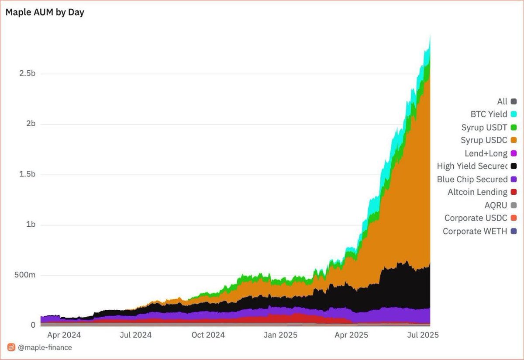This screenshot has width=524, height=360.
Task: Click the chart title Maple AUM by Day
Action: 45,12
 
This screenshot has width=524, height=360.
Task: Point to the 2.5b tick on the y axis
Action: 27,73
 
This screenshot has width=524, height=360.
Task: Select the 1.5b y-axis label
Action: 27,174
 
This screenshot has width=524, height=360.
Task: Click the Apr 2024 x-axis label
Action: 65,335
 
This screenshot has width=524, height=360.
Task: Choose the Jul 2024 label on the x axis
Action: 135,335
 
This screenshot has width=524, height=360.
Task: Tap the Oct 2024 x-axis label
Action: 208,335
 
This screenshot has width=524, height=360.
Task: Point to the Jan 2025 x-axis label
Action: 281,335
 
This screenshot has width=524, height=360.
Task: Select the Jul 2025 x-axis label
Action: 422,335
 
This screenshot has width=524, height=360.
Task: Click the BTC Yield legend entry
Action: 489,114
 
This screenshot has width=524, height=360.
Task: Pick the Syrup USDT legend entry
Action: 484,128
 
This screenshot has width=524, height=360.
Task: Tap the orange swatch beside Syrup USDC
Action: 514,140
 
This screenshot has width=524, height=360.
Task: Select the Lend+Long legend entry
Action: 486,153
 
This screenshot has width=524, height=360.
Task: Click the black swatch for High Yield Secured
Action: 514,166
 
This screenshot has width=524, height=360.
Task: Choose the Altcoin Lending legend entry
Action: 477,192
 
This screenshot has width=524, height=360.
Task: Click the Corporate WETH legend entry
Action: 475,231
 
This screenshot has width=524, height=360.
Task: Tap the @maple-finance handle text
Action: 45,348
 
